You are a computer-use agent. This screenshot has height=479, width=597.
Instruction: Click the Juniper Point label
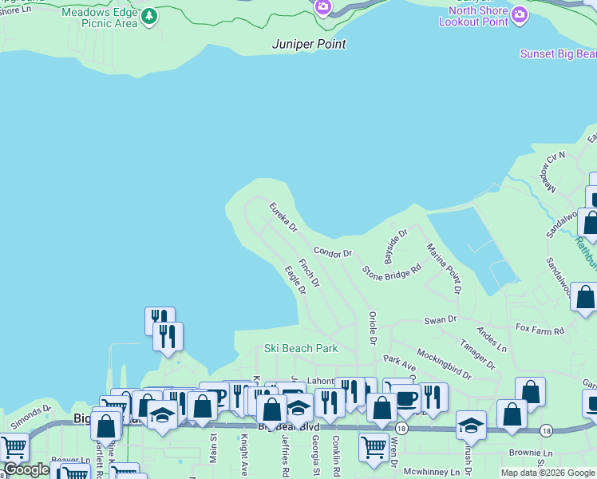[309, 44]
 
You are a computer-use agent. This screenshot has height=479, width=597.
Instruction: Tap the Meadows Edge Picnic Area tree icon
[149, 16]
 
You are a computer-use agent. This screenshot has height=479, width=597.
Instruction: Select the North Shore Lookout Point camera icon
[520, 15]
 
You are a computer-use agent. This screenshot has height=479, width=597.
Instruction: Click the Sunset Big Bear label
[558, 53]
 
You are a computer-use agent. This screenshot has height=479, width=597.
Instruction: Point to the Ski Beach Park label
[302, 348]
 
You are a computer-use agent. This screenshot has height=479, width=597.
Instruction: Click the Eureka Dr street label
[283, 217]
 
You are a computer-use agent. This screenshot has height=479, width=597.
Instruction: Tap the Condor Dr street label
[333, 252]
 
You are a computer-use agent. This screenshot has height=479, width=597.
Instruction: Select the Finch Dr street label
[309, 272]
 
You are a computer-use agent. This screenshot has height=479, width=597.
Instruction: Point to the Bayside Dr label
[396, 247]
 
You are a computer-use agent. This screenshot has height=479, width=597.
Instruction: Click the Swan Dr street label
[441, 319]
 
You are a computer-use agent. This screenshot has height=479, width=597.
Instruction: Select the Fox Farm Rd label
[540, 329]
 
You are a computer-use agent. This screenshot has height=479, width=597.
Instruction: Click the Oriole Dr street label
[372, 328]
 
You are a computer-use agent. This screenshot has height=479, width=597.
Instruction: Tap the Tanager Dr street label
[477, 354]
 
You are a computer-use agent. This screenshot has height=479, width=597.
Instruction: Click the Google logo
[27, 469]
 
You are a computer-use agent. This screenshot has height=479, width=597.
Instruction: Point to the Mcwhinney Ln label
[432, 472]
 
